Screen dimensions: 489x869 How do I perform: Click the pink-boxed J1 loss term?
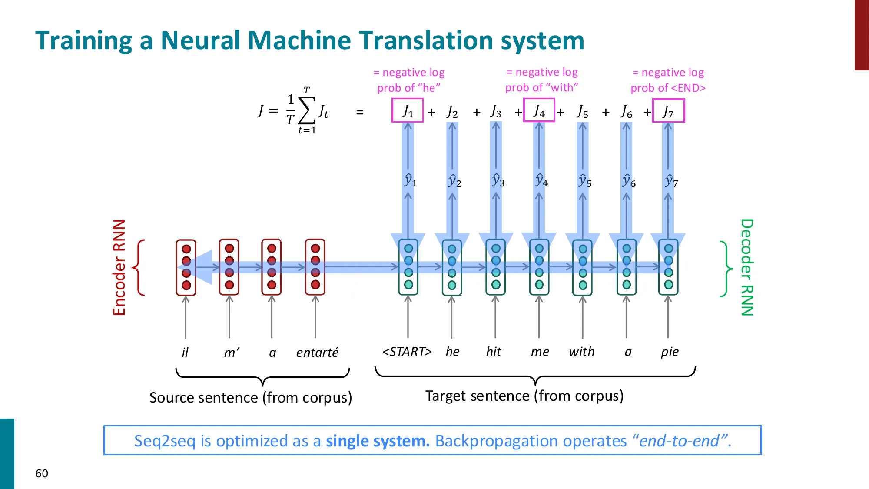(x=408, y=111)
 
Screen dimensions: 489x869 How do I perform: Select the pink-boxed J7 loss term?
(x=668, y=111)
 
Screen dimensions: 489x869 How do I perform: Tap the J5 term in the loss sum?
(x=582, y=112)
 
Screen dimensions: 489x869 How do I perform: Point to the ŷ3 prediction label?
(x=498, y=180)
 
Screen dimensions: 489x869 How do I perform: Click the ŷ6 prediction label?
(x=629, y=180)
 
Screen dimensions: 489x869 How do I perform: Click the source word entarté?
(x=317, y=352)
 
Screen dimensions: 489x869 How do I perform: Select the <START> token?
(x=407, y=351)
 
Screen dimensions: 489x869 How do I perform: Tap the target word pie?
(x=670, y=352)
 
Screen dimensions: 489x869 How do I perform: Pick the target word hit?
(x=494, y=351)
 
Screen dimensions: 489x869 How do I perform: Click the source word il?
(x=185, y=352)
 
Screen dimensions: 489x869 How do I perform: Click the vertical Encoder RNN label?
(x=119, y=267)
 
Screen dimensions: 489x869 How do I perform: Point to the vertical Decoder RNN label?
(x=747, y=267)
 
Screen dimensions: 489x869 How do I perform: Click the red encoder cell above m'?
(x=229, y=267)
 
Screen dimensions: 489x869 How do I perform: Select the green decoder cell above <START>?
(x=408, y=267)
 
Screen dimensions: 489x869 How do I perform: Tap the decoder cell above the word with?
(x=583, y=267)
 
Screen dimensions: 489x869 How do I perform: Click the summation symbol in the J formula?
(x=306, y=111)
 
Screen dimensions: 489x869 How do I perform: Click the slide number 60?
(x=42, y=473)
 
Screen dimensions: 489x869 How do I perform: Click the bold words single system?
(x=378, y=441)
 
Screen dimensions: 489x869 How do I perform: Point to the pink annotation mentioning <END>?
(x=668, y=80)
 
